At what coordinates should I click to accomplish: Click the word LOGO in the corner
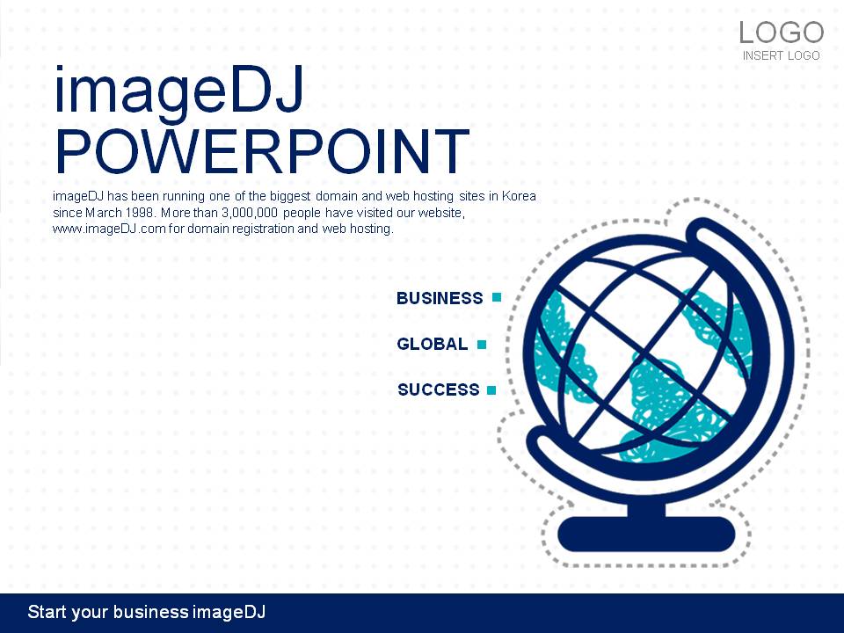tap(781, 33)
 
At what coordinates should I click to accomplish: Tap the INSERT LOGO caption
tap(781, 55)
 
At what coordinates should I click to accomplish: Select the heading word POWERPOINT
tap(262, 151)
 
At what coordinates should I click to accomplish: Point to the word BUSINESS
tap(440, 298)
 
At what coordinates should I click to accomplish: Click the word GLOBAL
tap(433, 344)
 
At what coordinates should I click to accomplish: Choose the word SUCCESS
tap(438, 389)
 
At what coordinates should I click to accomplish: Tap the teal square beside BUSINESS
tap(497, 297)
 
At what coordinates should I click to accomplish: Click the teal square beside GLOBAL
tap(482, 345)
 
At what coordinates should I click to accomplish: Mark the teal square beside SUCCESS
tap(491, 390)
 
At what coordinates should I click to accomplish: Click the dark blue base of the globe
tap(646, 535)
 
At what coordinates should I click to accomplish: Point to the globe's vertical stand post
tap(646, 509)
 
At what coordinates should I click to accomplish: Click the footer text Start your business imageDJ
tap(147, 612)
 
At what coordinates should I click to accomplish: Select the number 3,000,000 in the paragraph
tap(250, 213)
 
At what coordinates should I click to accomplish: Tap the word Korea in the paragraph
tap(519, 196)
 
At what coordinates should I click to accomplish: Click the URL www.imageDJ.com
tap(109, 229)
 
